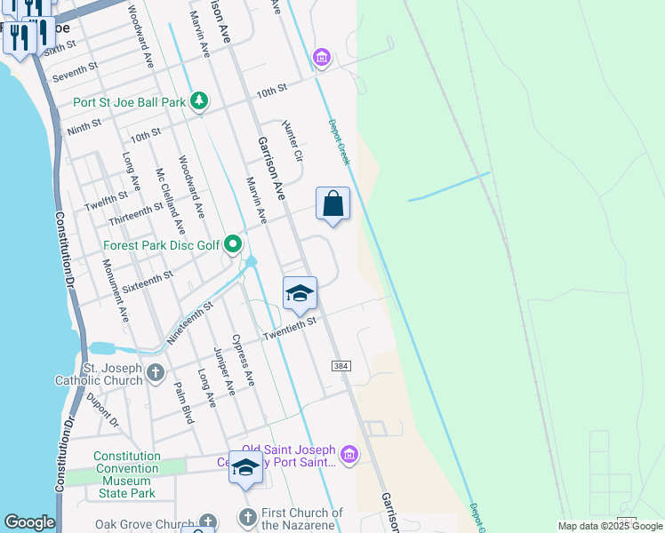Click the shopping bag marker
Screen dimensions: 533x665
point(332,204)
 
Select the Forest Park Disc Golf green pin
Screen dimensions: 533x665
point(233,243)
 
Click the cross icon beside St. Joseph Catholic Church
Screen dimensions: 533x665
point(156,372)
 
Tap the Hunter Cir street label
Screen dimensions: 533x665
point(292,141)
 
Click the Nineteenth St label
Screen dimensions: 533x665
point(189,322)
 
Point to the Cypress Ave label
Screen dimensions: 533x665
point(243,359)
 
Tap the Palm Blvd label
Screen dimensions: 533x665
point(183,402)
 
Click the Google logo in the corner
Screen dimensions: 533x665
point(29,522)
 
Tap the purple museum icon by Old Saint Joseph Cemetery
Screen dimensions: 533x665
point(349,457)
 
